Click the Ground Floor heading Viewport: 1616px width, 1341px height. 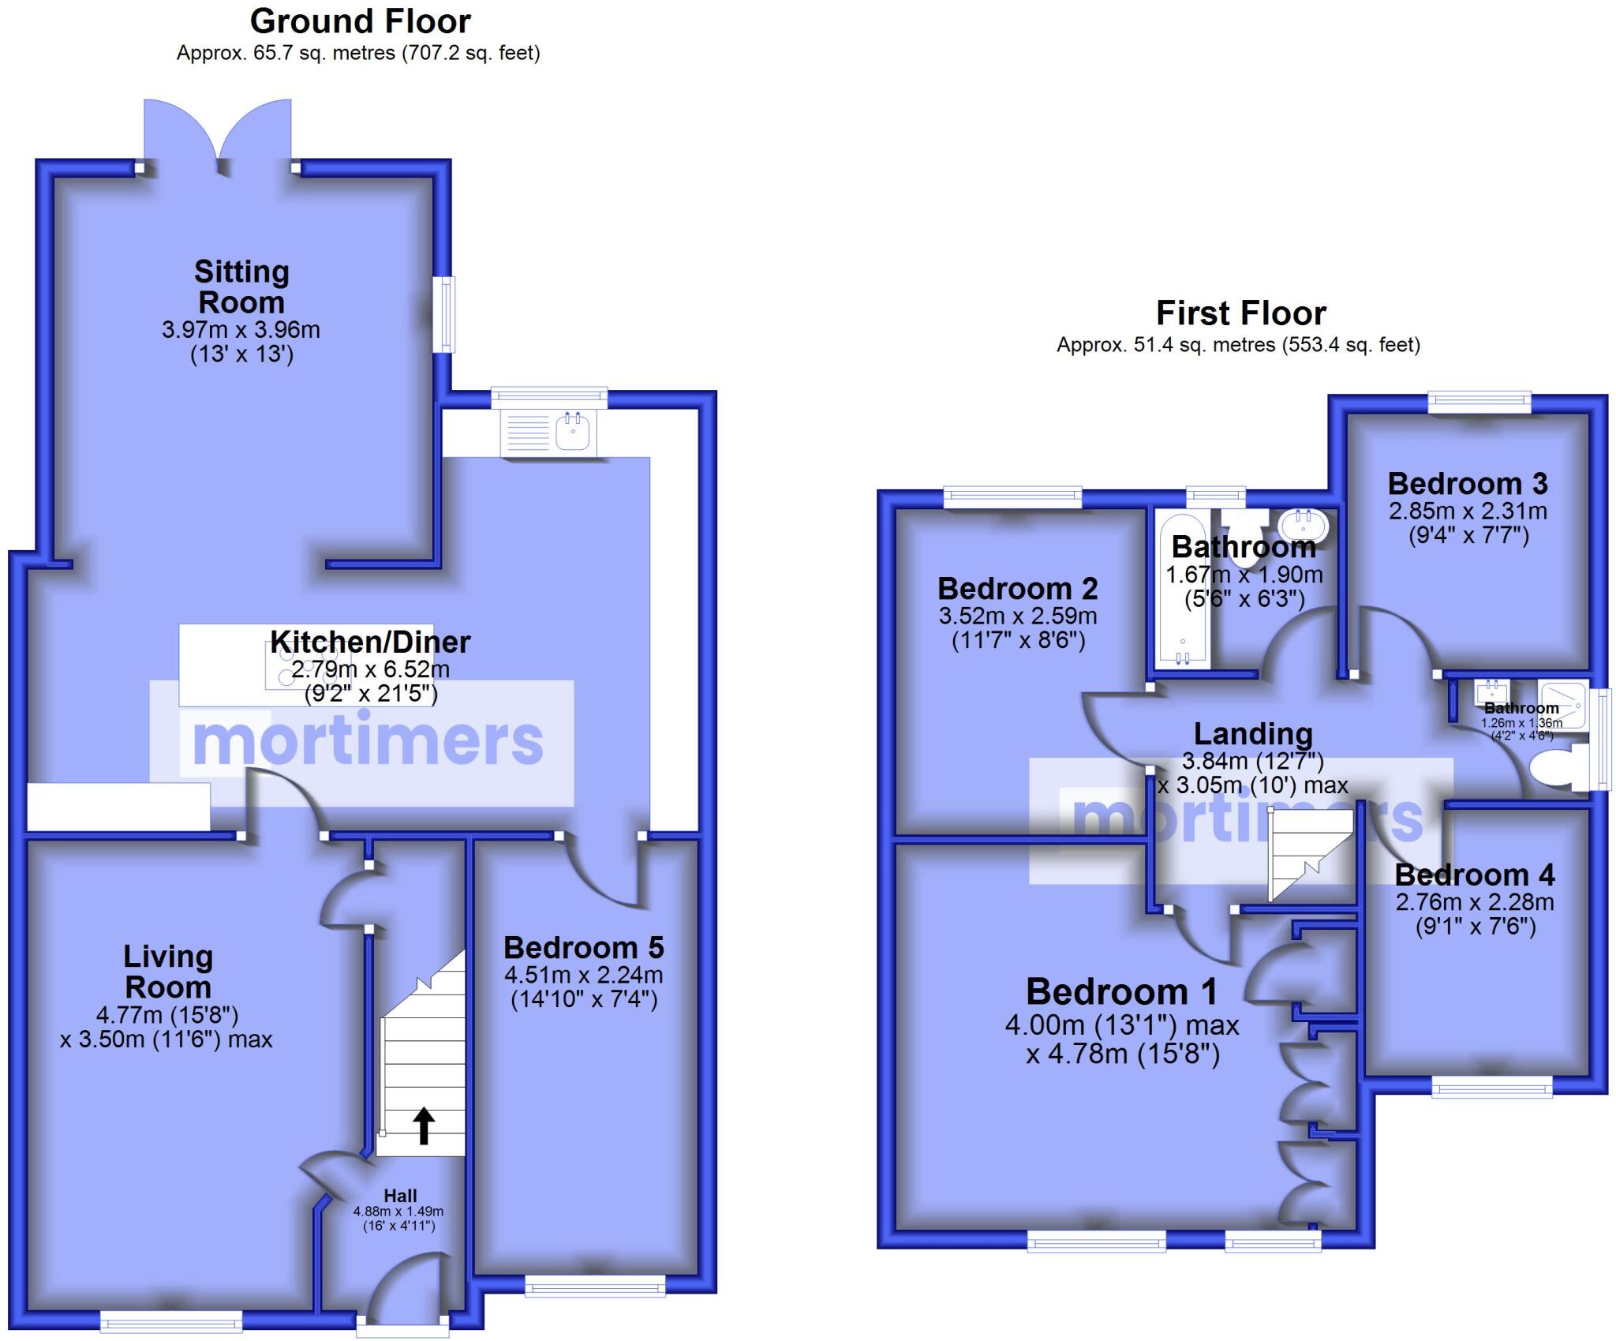click(361, 21)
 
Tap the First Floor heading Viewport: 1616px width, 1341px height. click(1240, 313)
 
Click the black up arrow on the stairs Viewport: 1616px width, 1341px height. click(424, 1126)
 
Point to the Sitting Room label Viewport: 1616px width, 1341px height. click(241, 287)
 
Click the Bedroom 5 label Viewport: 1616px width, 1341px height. click(583, 947)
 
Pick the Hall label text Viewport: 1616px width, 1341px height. click(400, 1196)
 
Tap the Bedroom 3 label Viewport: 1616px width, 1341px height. click(1468, 483)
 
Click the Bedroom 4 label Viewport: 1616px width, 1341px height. click(1474, 875)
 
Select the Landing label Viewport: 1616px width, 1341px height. click(1253, 733)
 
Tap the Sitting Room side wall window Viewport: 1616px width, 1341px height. click(447, 313)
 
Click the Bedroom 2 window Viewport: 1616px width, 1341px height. click(1013, 496)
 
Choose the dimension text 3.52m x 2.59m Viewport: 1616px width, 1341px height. click(1018, 616)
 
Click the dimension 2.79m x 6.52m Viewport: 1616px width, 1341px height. click(370, 669)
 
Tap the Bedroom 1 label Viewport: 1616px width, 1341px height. click(1121, 991)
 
